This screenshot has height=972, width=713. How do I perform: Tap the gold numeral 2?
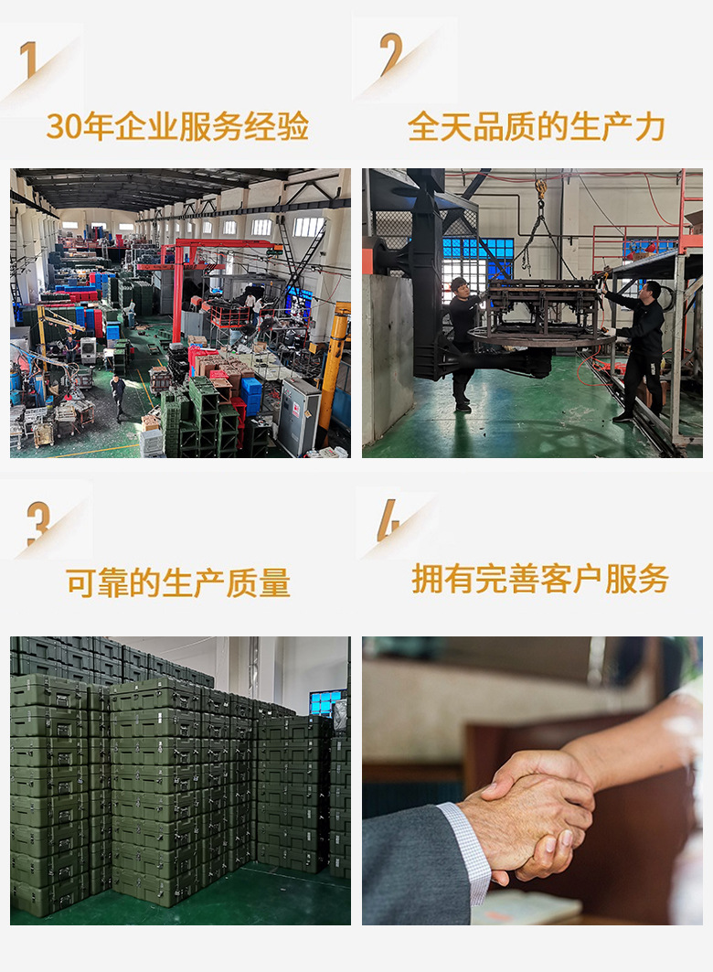coord(391,54)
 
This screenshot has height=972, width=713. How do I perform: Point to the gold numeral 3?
coord(37,523)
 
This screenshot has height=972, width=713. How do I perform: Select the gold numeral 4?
coord(388,520)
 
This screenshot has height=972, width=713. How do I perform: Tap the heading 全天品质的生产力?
coord(536,127)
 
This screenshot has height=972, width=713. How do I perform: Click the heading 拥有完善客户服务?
coord(539,579)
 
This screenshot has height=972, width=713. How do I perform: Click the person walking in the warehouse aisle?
coord(117,396)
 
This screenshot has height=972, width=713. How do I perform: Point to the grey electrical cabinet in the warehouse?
coord(299,415)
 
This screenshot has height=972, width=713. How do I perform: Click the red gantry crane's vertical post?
coord(176,293)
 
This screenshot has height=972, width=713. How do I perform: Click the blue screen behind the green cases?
coord(325,701)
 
